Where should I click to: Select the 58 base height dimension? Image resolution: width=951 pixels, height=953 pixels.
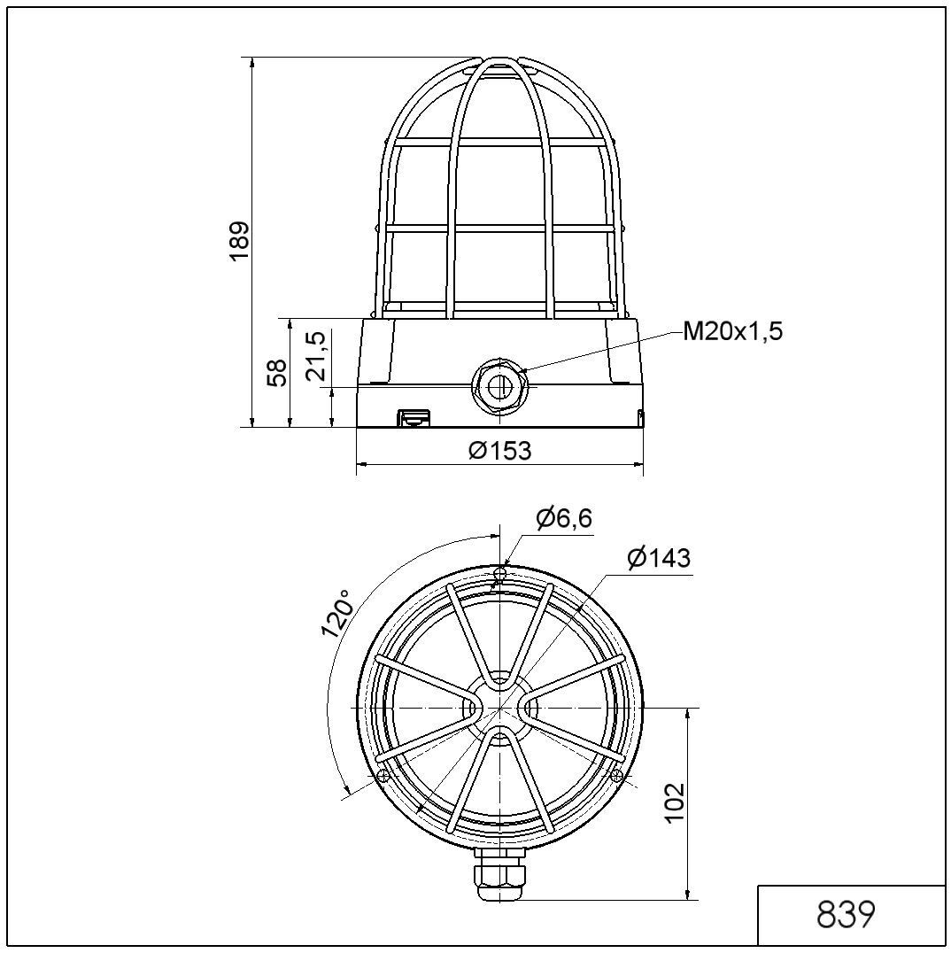point(277,372)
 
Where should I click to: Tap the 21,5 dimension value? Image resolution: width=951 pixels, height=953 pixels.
point(317,356)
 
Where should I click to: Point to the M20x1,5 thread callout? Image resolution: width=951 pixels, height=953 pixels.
point(732,332)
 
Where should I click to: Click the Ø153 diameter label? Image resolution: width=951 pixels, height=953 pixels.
point(500,451)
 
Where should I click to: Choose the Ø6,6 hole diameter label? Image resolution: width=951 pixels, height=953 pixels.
point(564,518)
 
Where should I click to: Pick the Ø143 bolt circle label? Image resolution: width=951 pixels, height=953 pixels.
point(658,559)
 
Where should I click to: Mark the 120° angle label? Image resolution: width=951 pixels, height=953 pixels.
point(337,613)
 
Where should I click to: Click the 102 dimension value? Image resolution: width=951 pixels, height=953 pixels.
point(676,802)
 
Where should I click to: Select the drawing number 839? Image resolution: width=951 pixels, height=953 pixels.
point(846,915)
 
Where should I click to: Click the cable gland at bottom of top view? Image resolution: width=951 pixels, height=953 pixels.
point(500,873)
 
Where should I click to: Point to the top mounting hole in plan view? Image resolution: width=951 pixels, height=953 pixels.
point(500,575)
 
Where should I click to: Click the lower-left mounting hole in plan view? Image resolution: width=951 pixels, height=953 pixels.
point(383,776)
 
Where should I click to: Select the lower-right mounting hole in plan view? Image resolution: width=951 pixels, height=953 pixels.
point(617,776)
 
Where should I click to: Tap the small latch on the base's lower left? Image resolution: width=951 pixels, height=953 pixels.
point(412,416)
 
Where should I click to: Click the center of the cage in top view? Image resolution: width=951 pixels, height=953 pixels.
point(500,708)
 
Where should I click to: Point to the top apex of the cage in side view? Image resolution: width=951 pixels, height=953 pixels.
point(500,60)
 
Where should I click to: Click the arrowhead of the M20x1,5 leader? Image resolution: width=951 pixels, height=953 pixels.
point(524,370)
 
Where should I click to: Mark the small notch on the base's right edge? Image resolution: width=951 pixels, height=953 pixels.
point(640,415)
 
